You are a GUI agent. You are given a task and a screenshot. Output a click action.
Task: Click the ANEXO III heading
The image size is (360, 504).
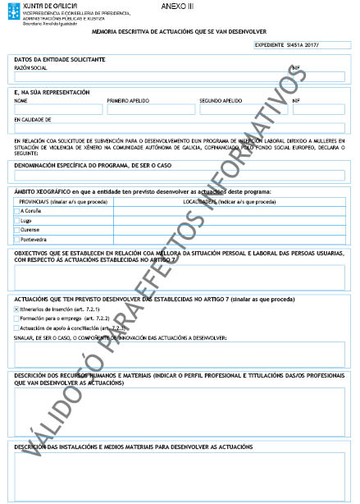click(x=175, y=6)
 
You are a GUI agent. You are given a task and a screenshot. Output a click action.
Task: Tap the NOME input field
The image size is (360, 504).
click(x=58, y=109)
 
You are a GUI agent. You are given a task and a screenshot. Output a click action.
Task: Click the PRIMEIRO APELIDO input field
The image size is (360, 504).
click(x=150, y=109)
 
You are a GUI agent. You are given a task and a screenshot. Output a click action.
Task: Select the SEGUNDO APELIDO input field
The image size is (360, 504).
click(x=243, y=109)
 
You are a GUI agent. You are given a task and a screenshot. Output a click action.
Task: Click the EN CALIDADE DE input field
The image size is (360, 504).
click(x=180, y=128)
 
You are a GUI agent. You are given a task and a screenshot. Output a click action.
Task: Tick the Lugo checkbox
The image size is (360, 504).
click(x=17, y=220)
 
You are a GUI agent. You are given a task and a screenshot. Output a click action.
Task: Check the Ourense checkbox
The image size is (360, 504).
click(x=17, y=230)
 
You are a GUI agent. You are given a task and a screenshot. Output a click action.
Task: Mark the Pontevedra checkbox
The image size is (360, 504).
click(x=17, y=239)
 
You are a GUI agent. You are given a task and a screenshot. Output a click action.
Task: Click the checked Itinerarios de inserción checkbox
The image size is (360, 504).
click(x=17, y=309)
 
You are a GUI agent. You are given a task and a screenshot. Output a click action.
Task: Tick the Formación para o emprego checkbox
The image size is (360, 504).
click(x=17, y=318)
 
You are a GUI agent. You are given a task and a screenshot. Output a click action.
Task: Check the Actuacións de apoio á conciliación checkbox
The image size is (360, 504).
click(x=17, y=327)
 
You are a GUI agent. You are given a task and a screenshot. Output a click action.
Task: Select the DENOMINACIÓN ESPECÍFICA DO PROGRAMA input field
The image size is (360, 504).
click(x=180, y=175)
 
